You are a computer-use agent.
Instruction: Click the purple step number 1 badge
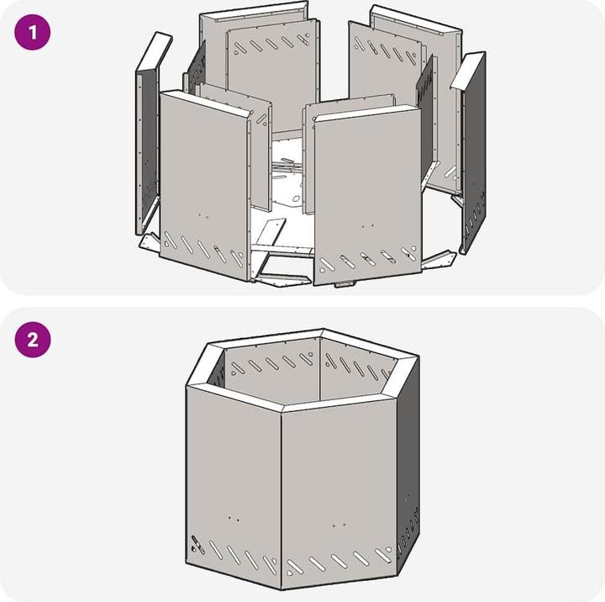coord(33,32)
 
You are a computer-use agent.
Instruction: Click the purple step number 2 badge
coord(33,340)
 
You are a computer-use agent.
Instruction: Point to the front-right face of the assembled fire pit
coord(339,494)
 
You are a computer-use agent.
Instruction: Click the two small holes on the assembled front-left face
coord(234,519)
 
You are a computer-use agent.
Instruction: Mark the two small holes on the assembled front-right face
coord(339,525)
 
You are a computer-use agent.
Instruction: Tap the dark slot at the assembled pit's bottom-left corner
coord(198,544)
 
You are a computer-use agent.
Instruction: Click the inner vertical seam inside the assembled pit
coord(320,369)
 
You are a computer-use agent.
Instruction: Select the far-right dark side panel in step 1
coord(475,155)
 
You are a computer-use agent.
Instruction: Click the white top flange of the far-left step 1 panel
coord(155,51)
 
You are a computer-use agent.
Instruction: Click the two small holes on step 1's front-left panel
coord(203,215)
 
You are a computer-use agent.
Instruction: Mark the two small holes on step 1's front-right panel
coord(367,225)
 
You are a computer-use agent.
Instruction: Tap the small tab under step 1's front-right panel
coord(345,284)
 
